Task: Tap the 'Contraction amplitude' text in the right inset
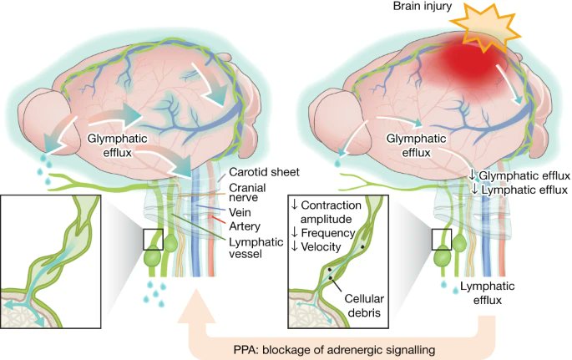(333, 213)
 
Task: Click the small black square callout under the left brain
(153, 239)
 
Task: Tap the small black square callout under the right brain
(442, 239)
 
